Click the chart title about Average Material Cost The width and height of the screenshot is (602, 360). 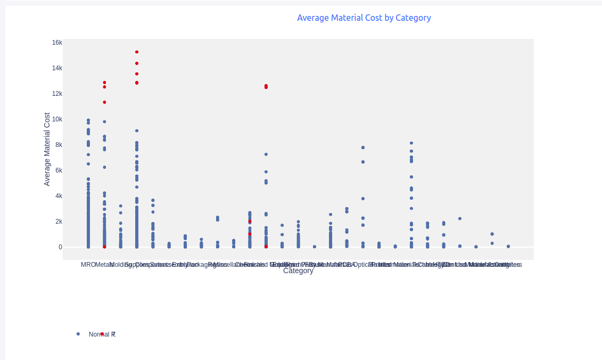[x=364, y=18]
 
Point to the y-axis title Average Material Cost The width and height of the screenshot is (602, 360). [x=47, y=149]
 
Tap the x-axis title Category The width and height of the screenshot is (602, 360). [x=298, y=271]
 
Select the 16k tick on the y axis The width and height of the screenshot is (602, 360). [x=57, y=43]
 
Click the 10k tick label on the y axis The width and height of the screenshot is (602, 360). [x=57, y=119]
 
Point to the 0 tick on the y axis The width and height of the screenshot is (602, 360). [x=60, y=247]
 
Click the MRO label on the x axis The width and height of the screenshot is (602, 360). [x=88, y=265]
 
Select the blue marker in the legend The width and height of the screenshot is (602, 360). [x=78, y=334]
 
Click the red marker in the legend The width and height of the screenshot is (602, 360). [x=102, y=334]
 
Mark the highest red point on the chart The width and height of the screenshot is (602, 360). [x=137, y=52]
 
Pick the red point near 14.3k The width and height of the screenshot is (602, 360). [x=137, y=63]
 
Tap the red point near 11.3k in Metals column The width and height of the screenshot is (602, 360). [x=104, y=102]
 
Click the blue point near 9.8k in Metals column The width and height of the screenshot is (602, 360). [x=104, y=122]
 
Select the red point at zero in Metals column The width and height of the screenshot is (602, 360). [x=104, y=247]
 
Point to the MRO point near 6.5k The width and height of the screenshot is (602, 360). [x=88, y=164]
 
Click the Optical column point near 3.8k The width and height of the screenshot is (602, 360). [x=363, y=199]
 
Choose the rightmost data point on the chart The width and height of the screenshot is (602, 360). [x=508, y=247]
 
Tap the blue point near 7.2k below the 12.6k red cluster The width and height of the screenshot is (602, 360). [x=266, y=154]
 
